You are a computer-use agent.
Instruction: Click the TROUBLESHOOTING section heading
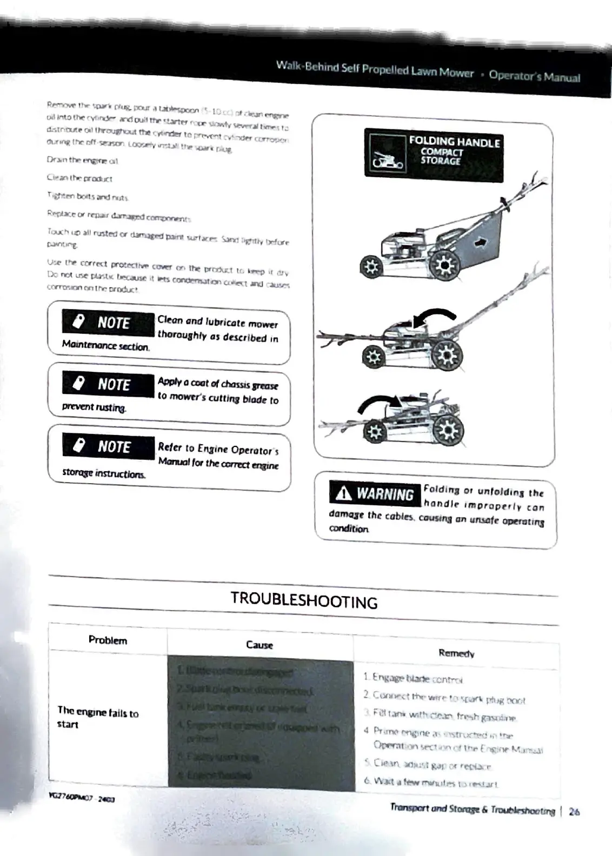coord(304,600)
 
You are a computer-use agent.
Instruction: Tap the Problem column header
coord(108,640)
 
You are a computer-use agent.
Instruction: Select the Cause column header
coord(260,645)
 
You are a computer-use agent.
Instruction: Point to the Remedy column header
coord(456,653)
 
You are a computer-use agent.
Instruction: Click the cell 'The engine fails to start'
coord(98,718)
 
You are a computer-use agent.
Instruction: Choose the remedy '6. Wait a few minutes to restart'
coord(430,782)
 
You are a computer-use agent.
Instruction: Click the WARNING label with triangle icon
coord(375,493)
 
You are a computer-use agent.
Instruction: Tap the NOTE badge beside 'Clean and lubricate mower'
coord(108,323)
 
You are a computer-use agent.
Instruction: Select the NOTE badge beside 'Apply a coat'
coord(108,385)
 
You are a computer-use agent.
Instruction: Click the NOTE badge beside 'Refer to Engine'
coord(108,447)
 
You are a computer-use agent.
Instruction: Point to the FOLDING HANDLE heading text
coord(454,142)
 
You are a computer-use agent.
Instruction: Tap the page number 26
coord(574,811)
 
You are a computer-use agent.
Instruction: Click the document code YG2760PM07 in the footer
coord(81,798)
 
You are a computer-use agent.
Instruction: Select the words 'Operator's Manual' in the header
coord(534,76)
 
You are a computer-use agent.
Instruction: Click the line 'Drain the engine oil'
coord(82,160)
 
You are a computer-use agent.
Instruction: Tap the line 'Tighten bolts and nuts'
coord(88,196)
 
